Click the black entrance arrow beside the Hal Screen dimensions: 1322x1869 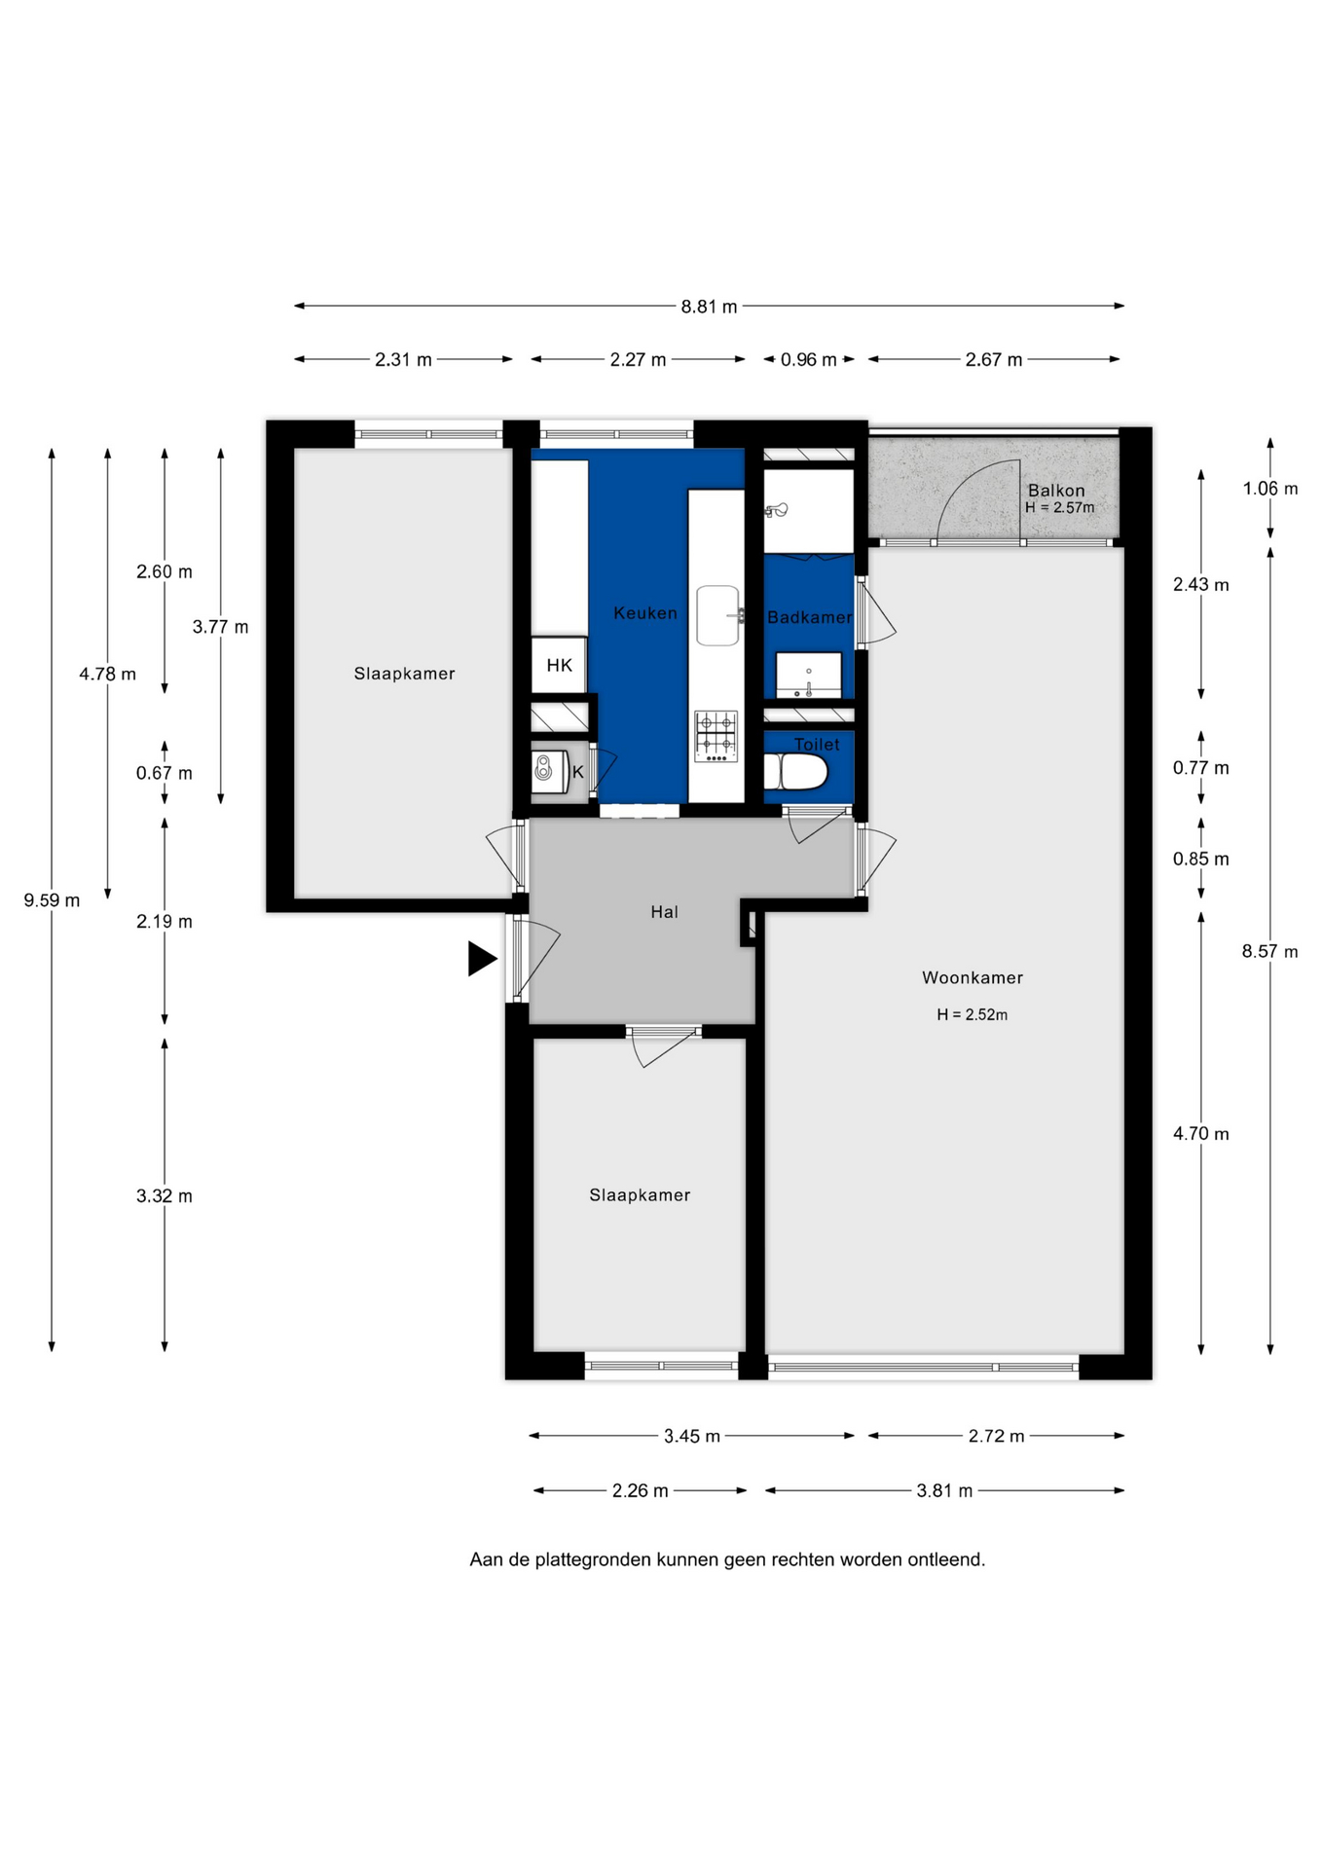tap(481, 959)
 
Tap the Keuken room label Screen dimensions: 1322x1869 tap(645, 613)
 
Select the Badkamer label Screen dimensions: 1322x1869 tap(809, 617)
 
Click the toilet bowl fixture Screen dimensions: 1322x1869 tap(795, 772)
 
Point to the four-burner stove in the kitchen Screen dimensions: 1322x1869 tap(716, 737)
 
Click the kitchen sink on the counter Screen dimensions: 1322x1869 tap(718, 615)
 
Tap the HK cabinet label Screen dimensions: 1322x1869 tap(560, 665)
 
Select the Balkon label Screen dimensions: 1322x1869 tap(1056, 491)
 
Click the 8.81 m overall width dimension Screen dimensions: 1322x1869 tap(709, 307)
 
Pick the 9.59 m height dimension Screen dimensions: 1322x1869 tap(53, 900)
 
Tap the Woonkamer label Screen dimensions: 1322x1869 tap(973, 977)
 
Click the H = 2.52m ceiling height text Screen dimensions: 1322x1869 tap(973, 1014)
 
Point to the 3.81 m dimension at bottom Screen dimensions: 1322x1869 tap(944, 1490)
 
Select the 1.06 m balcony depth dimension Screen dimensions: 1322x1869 tap(1270, 489)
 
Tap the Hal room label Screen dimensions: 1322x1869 tap(665, 912)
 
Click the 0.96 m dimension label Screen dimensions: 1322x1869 tap(809, 360)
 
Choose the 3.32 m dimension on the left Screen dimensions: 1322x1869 tap(165, 1196)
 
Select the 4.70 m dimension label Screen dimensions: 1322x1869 tap(1201, 1134)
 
